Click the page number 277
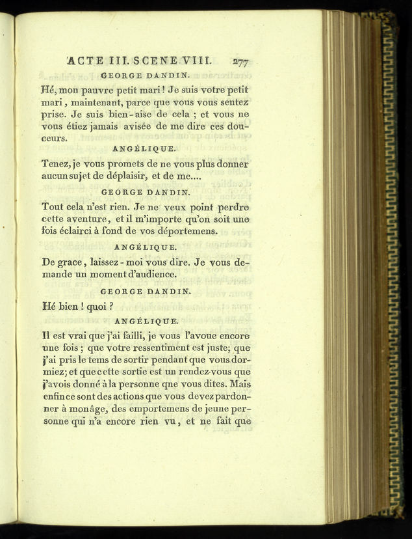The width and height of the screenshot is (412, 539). coord(238,62)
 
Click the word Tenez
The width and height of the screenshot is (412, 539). coord(56,163)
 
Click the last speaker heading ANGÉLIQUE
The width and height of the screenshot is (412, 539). coord(146,321)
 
